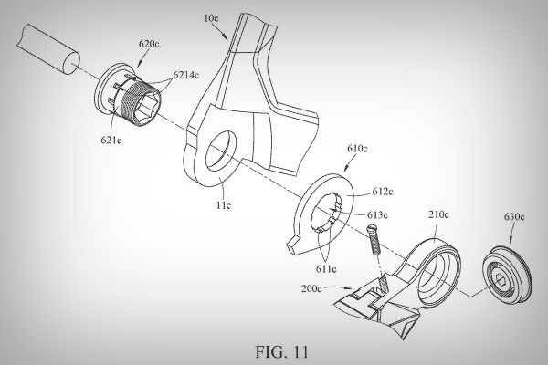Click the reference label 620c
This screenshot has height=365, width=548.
tap(149, 45)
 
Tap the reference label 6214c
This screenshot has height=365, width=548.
tap(186, 75)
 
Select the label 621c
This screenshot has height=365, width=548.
tap(111, 141)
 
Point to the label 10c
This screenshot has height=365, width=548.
tap(211, 18)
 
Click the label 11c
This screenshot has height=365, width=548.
tap(223, 205)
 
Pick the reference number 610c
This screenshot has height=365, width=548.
tap(357, 149)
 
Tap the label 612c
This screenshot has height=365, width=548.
tap(383, 192)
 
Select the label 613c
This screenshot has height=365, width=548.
tap(377, 215)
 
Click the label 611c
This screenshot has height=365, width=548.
tap(326, 269)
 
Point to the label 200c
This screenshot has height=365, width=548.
tap(311, 289)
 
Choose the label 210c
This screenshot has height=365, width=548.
tap(438, 214)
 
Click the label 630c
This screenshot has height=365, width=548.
tap(514, 217)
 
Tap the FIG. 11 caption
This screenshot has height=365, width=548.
tap(281, 351)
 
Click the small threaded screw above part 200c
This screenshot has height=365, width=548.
tap(374, 241)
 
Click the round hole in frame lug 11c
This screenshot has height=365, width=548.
tap(221, 151)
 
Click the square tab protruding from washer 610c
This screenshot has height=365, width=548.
tap(295, 245)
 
